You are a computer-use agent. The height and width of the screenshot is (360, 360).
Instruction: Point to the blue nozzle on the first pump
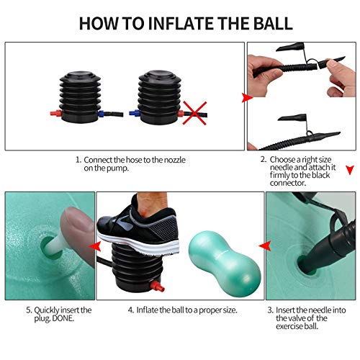[101, 113]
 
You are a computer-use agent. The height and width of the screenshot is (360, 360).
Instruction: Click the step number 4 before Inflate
[131, 310]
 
